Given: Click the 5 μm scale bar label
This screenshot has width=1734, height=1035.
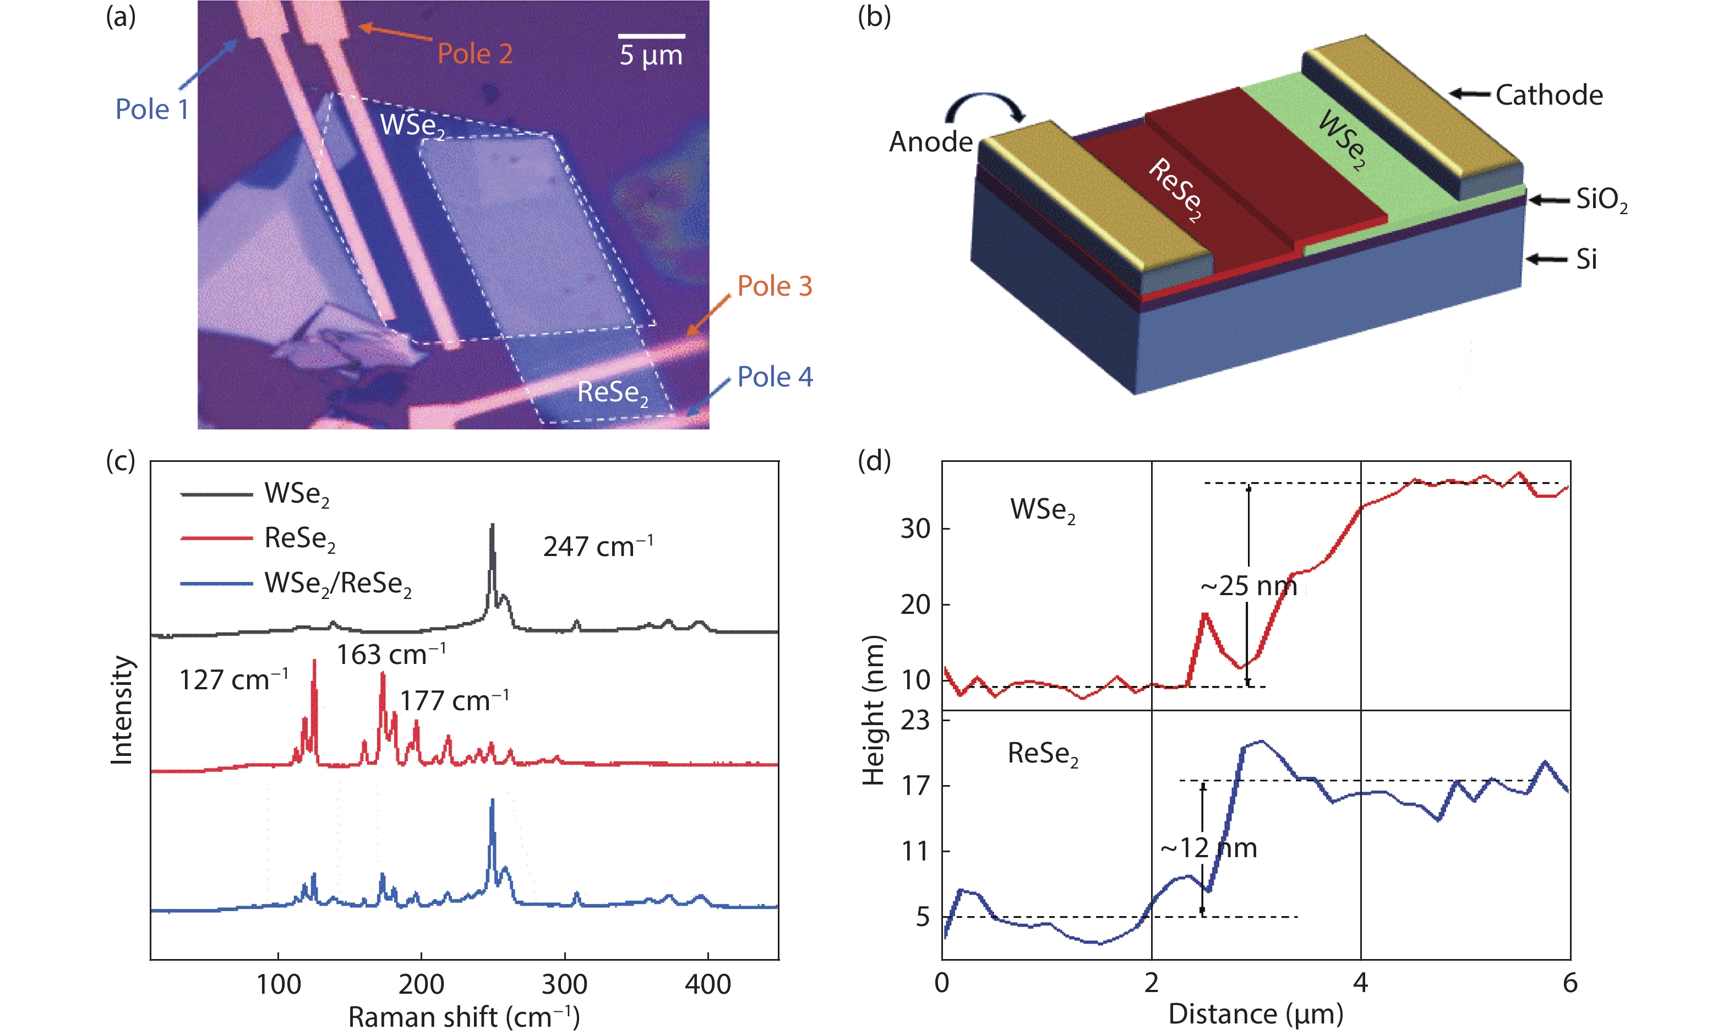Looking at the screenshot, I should pos(651,55).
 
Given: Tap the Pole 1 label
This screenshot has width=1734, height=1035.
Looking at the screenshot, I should pos(152,110).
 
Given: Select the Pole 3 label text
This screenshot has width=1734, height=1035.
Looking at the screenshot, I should pos(775,286).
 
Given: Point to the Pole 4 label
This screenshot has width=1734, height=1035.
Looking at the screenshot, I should pos(775,377).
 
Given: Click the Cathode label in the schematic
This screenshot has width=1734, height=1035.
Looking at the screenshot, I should pos(1548,95).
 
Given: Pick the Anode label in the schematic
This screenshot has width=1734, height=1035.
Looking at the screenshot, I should pos(930,142).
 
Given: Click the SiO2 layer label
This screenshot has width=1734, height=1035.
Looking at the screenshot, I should pos(1601,200).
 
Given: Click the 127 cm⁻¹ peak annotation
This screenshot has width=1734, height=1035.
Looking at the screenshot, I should pos(233,679).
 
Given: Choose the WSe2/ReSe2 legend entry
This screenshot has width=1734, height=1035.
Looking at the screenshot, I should pos(337,584).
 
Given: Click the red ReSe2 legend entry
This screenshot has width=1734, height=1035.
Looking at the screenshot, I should pos(300,538).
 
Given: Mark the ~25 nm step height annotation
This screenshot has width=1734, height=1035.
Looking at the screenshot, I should pos(1248,586).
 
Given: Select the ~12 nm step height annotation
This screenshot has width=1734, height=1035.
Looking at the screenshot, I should pos(1208,848).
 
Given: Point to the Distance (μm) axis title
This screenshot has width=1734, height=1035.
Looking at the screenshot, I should pos(1256,1014).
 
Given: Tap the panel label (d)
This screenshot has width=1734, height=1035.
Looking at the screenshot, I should pos(874,461).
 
